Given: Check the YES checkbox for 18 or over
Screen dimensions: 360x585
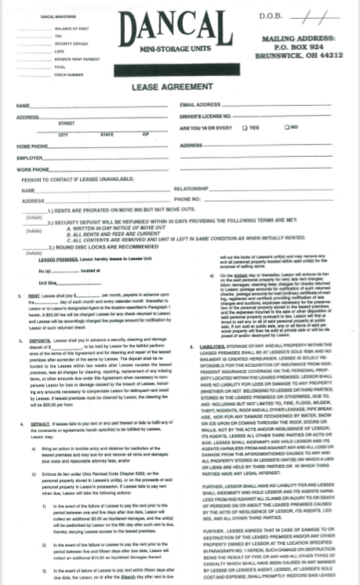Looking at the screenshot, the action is (245, 126).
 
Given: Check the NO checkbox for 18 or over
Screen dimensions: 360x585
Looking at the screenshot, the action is (286, 126).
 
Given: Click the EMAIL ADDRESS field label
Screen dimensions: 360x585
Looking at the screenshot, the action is (200, 104).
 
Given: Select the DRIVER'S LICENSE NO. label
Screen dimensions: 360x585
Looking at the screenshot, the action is (205, 115).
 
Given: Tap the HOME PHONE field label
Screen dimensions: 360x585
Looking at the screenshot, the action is (34, 147).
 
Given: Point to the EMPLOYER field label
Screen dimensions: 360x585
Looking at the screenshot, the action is (31, 158).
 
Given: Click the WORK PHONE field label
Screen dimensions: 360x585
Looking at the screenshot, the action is (33, 169).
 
